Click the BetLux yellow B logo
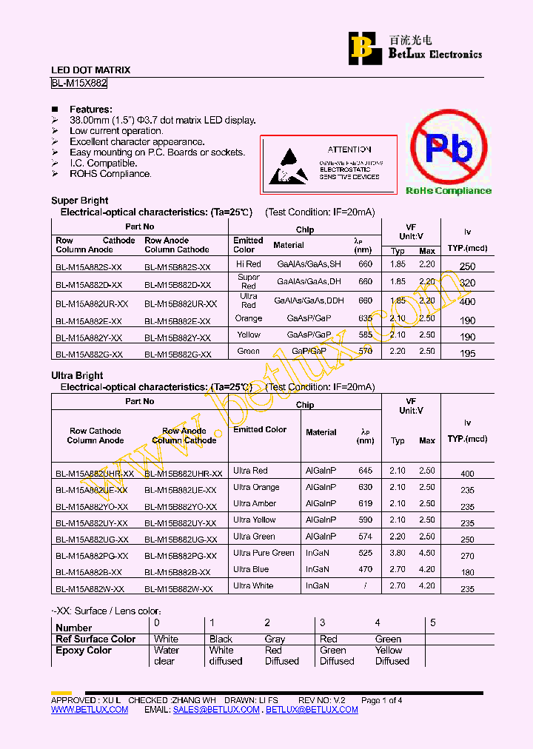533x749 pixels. click(x=362, y=47)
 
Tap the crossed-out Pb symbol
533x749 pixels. click(x=448, y=149)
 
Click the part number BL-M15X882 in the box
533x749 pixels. click(x=79, y=84)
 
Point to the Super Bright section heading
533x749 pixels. click(x=79, y=201)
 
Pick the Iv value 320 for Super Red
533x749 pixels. click(x=467, y=283)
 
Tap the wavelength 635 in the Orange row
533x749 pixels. click(x=365, y=318)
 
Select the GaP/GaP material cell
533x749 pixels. click(x=309, y=351)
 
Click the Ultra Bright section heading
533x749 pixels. click(x=77, y=375)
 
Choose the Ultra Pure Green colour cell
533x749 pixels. click(x=264, y=553)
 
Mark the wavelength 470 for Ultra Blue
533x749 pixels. click(x=365, y=569)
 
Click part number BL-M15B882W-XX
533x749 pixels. click(x=178, y=589)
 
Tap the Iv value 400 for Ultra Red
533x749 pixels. click(x=467, y=474)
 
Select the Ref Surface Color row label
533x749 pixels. click(x=95, y=639)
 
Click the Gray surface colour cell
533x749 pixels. click(x=275, y=639)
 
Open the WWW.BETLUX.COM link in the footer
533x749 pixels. click(x=90, y=710)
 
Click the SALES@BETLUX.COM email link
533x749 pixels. click(x=216, y=710)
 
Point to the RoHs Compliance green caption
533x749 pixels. click(x=448, y=191)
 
